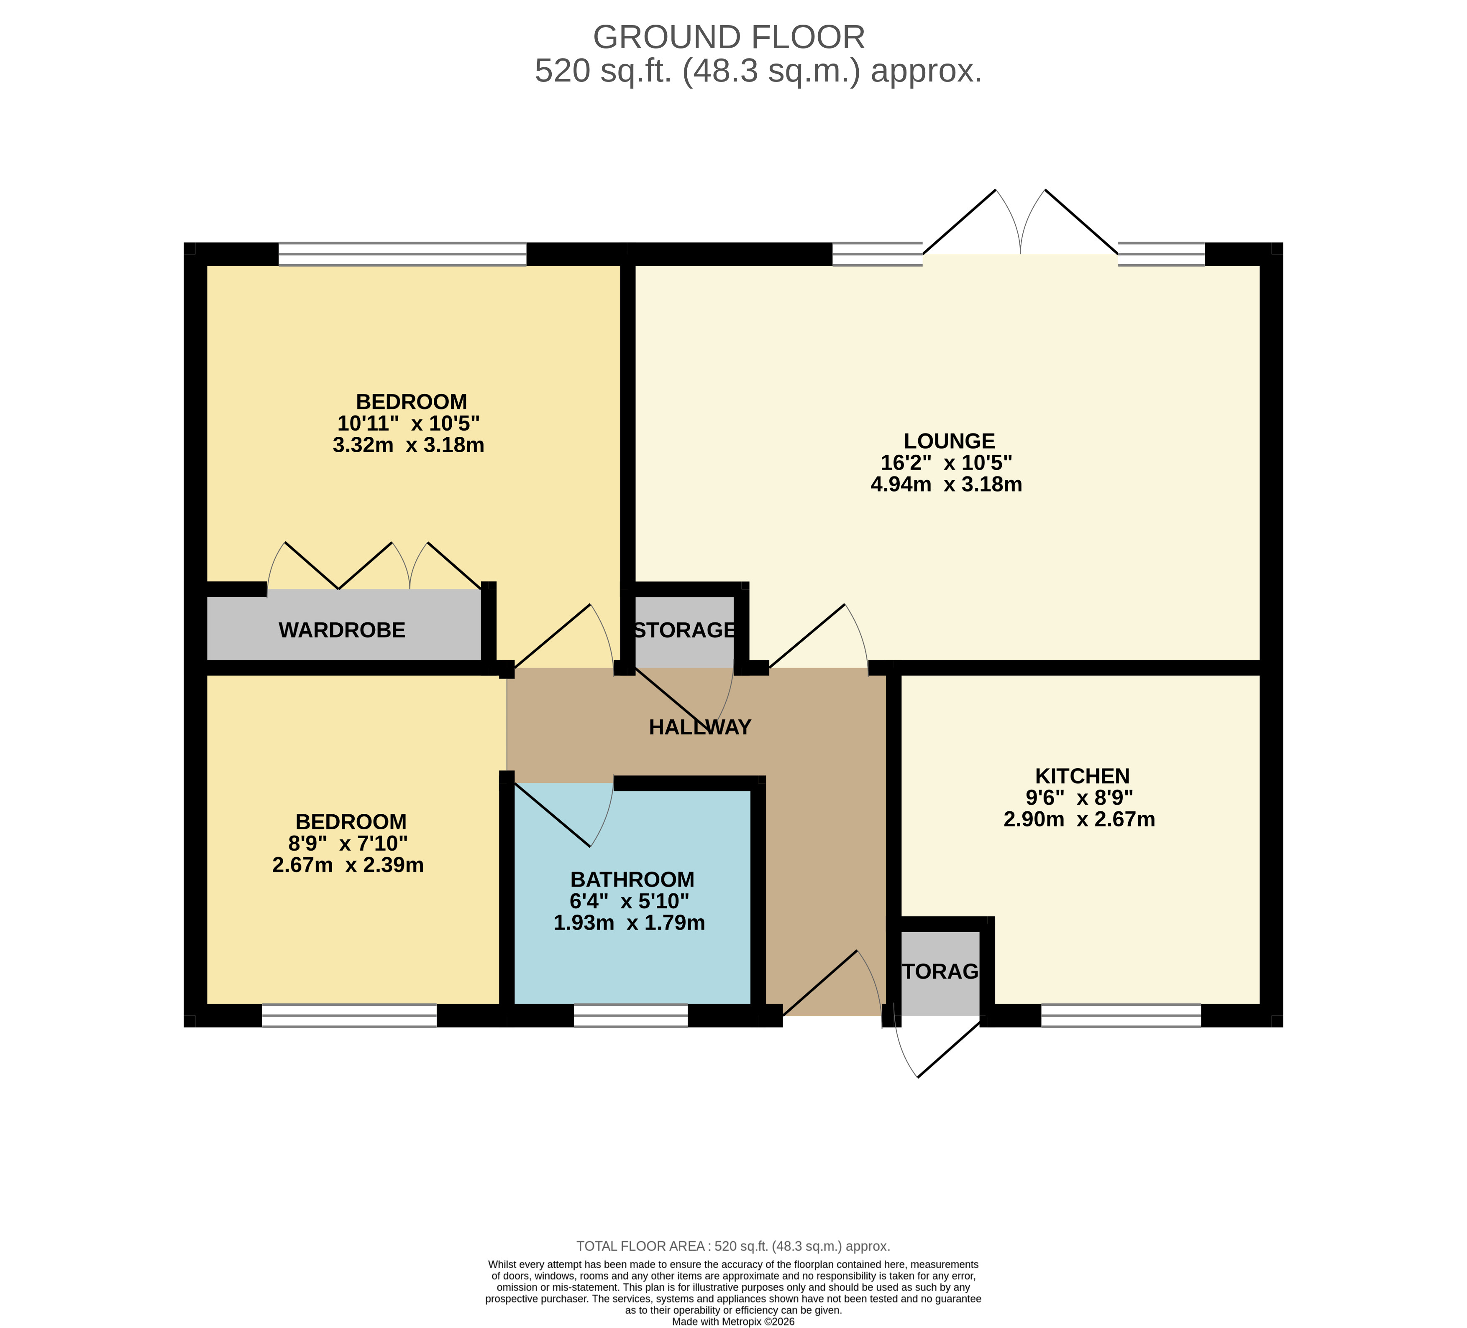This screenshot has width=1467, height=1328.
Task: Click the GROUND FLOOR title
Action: (729, 37)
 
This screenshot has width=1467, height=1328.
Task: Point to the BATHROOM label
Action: (632, 879)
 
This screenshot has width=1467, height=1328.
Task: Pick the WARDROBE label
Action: (342, 630)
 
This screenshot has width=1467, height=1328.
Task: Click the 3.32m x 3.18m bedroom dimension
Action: (408, 445)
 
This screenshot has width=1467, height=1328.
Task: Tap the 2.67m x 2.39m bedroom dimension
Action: (348, 865)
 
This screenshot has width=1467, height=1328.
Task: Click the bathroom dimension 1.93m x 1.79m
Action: (630, 923)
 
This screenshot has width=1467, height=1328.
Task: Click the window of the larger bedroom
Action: (402, 254)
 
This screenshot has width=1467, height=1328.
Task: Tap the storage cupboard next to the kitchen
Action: (940, 972)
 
